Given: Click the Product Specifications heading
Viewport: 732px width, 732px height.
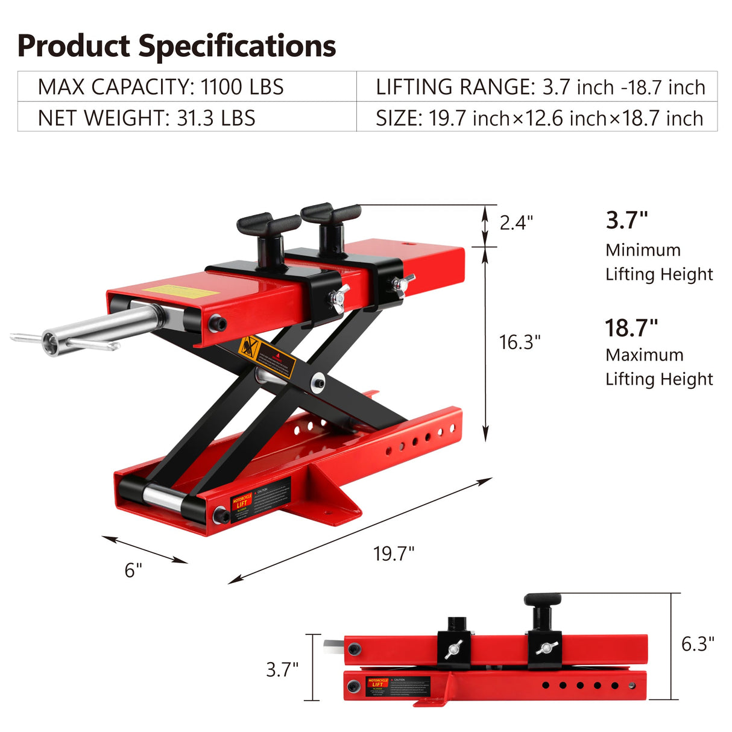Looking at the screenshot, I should click(176, 46).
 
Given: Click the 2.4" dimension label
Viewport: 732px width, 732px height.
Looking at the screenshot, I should click(516, 222).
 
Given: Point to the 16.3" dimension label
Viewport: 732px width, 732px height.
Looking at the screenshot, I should click(520, 342).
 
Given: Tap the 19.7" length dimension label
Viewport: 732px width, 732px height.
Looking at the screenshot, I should click(394, 553).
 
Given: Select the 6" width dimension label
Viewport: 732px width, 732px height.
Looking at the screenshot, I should click(133, 570).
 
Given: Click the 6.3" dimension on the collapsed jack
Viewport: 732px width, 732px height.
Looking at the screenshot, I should click(698, 643).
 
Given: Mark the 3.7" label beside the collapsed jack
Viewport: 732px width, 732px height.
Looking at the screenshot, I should click(282, 669).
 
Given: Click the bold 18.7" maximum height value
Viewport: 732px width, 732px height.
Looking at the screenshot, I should click(631, 328).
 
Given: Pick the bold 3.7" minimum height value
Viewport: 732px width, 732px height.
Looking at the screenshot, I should click(626, 220).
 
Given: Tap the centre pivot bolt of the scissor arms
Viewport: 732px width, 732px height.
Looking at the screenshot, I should click(317, 382).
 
